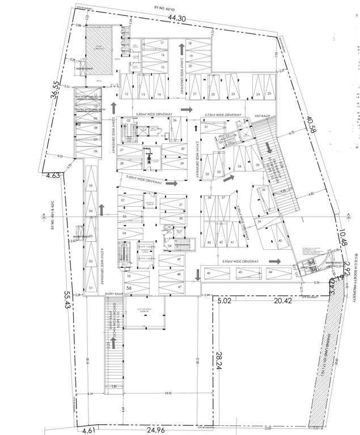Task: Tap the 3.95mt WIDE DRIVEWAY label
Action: coord(240,261)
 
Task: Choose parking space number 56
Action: coord(129,288)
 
